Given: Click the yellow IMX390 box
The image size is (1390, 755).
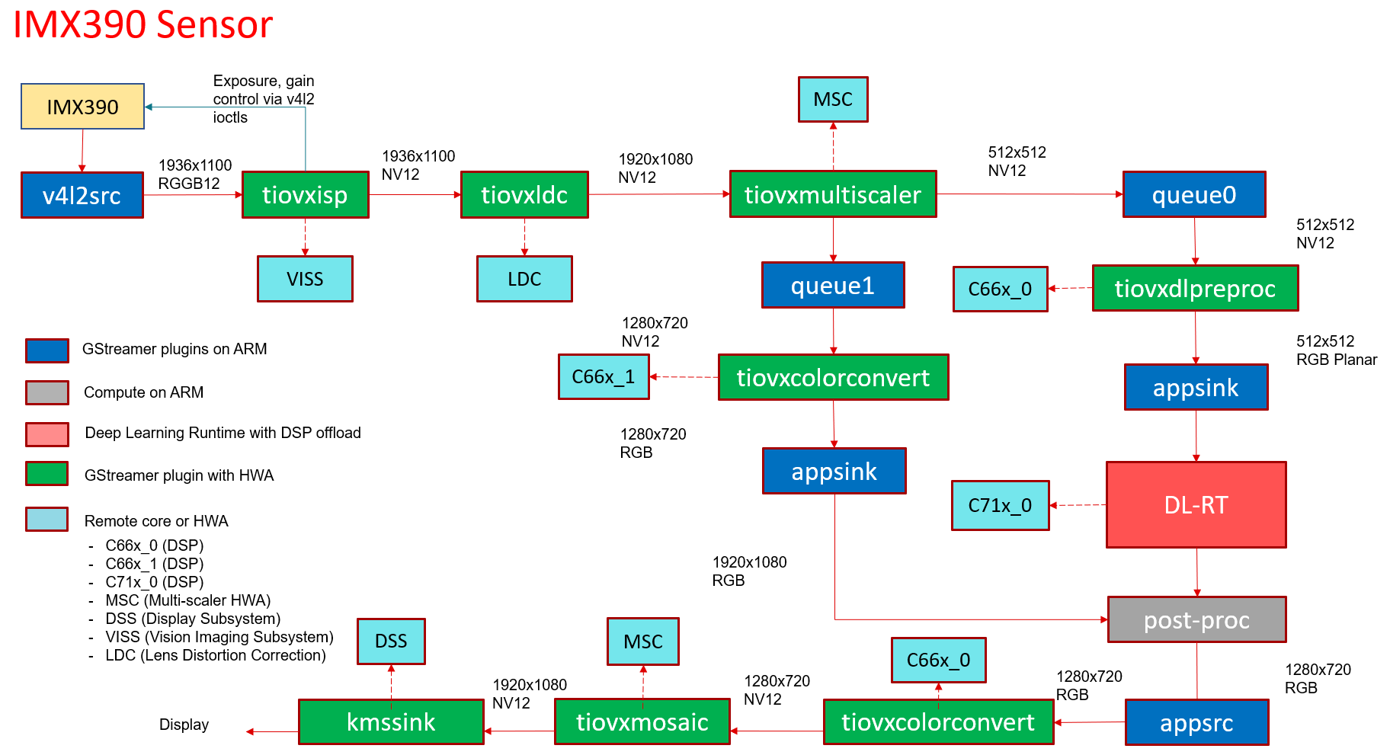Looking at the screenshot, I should [x=82, y=107].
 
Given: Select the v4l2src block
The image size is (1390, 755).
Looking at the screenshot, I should [x=82, y=195].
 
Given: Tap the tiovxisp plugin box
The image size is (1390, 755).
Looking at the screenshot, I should [x=305, y=195].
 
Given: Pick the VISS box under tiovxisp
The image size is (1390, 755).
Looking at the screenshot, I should [x=305, y=279].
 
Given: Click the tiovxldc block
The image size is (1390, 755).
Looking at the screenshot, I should [x=524, y=195].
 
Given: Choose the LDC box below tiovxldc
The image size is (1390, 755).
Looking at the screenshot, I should [x=524, y=279].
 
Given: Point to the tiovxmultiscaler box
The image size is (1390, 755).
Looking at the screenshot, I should [x=833, y=194].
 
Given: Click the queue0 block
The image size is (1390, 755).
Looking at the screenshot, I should [x=1194, y=195].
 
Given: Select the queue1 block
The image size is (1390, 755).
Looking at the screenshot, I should [x=833, y=285].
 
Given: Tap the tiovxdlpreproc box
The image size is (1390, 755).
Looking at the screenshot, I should [x=1195, y=288].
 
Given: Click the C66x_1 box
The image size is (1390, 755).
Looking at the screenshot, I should [x=604, y=376].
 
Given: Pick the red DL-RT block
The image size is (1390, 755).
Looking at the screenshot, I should [x=1196, y=504].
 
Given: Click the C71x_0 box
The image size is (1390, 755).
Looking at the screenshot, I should [x=1000, y=505].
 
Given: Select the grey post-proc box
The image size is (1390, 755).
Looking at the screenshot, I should [x=1196, y=619].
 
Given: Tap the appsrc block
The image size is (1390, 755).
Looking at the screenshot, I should [x=1196, y=722].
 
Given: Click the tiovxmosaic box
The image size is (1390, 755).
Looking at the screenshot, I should [x=642, y=721].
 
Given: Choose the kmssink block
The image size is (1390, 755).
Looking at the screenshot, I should [x=391, y=721].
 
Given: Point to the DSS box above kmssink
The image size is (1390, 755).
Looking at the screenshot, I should [x=391, y=641].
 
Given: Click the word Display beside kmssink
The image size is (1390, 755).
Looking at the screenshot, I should [x=184, y=725].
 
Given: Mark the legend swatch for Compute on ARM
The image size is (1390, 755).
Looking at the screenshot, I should [x=47, y=392].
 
